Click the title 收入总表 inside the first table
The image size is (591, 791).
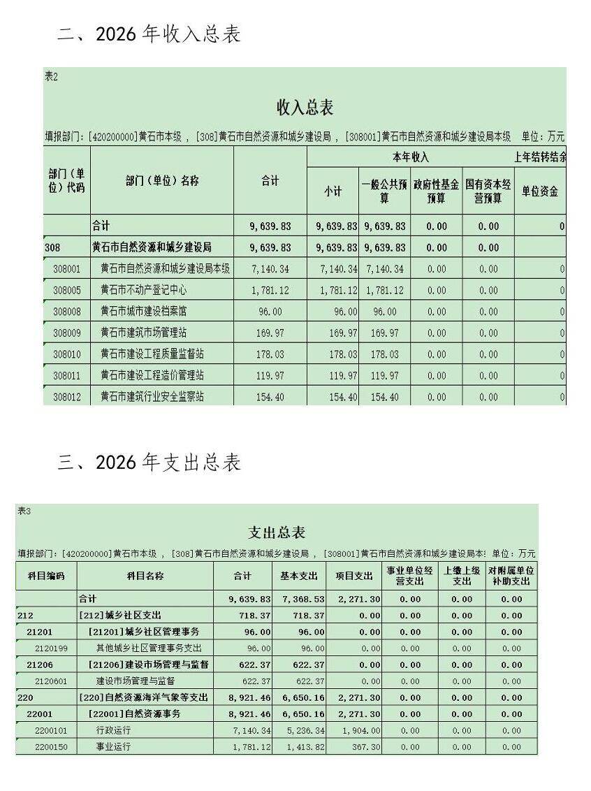click(x=305, y=108)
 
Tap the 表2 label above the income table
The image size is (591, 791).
click(x=51, y=77)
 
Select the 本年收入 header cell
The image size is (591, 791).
click(x=410, y=157)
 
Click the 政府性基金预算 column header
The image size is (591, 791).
click(x=436, y=191)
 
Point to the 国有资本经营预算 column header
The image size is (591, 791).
click(x=488, y=191)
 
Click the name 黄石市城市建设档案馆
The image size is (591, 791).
click(x=147, y=312)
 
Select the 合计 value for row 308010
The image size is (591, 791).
click(x=270, y=354)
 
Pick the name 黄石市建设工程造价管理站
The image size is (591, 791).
click(x=152, y=375)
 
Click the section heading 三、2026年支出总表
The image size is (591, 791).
click(x=149, y=463)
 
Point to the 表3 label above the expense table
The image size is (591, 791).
click(x=24, y=511)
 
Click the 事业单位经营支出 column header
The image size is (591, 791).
click(x=410, y=576)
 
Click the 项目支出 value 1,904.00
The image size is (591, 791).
click(x=361, y=730)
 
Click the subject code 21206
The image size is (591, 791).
click(x=40, y=665)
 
